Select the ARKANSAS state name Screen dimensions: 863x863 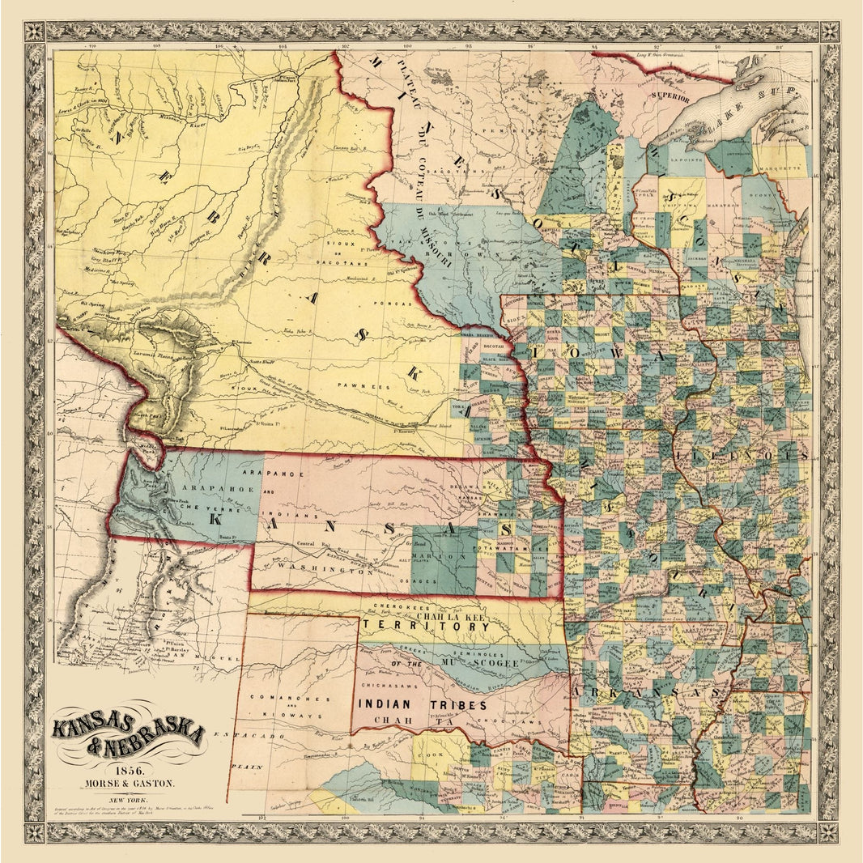[x=648, y=692]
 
